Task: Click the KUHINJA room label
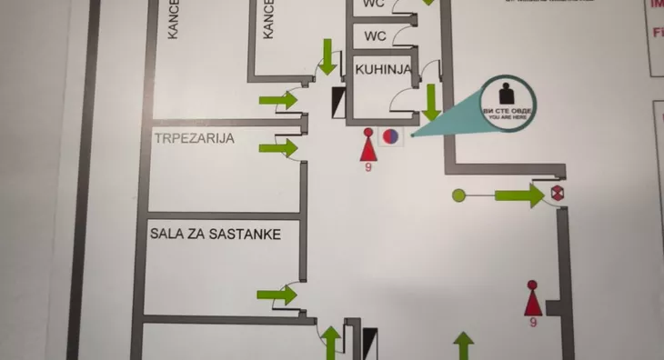click(387, 69)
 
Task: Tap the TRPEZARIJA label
click(195, 138)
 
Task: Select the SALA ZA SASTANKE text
click(215, 234)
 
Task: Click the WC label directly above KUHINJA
click(376, 36)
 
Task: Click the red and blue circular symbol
click(389, 137)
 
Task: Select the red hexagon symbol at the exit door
click(558, 194)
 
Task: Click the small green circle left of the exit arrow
click(458, 195)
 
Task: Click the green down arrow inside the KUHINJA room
click(430, 99)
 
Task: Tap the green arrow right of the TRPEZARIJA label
click(278, 147)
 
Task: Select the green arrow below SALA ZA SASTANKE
click(277, 295)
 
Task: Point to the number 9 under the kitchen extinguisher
click(368, 167)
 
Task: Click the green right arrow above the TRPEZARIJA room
click(279, 100)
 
